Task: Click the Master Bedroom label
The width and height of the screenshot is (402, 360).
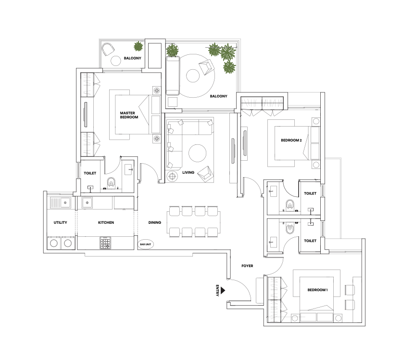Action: [x=129, y=115]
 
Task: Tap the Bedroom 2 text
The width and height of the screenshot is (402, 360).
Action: [x=291, y=141]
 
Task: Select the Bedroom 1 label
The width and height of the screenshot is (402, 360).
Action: [x=318, y=290]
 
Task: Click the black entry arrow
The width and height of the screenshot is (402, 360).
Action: [x=223, y=291]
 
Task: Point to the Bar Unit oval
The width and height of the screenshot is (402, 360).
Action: [x=146, y=244]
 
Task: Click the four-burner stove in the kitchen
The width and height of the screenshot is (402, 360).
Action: [x=105, y=243]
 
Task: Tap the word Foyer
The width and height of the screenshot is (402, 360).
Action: [x=247, y=266]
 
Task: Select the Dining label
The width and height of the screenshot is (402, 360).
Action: [x=154, y=222]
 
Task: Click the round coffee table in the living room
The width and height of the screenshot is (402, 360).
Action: [x=197, y=153]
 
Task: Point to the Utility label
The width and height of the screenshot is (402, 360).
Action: [x=60, y=222]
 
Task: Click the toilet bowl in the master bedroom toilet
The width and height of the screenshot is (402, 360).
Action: [x=111, y=182]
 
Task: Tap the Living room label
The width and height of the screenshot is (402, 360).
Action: [x=188, y=172]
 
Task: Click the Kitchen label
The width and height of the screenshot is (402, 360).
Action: [x=106, y=222]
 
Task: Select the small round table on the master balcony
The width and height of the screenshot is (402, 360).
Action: [x=115, y=61]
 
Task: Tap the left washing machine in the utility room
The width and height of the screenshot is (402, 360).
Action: [x=54, y=243]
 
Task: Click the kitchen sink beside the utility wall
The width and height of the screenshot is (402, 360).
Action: [x=87, y=203]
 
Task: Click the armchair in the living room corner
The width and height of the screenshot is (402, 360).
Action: [x=205, y=173]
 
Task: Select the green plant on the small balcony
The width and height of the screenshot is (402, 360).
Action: [x=138, y=46]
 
